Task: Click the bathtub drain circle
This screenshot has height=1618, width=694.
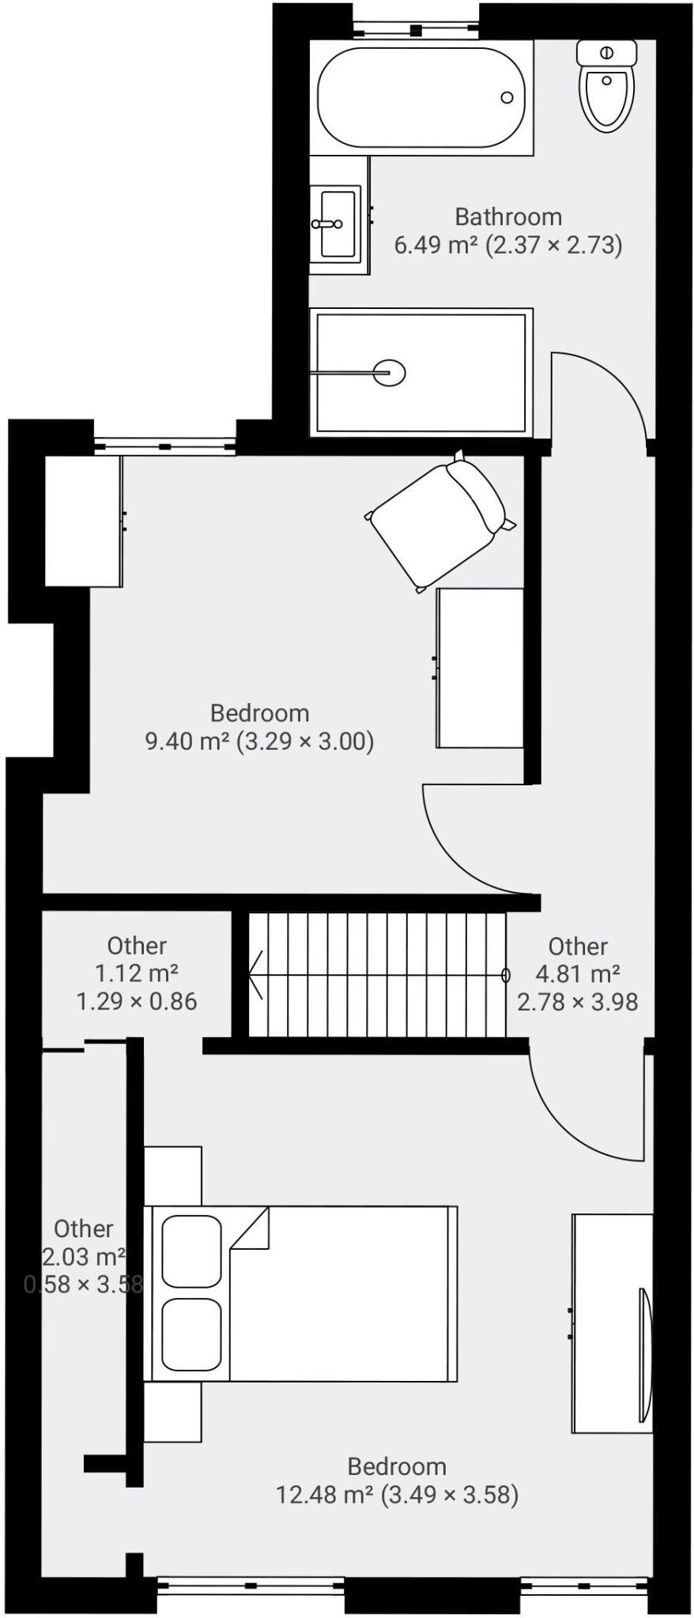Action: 507,98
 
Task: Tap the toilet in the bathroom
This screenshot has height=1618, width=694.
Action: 607,87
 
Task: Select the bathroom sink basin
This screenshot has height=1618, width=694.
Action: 339,224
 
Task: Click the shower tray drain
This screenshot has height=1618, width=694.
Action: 389,371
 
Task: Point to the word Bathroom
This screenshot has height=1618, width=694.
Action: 508,216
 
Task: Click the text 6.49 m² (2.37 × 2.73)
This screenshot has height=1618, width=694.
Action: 508,245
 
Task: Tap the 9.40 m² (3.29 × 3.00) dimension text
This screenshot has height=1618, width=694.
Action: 259,741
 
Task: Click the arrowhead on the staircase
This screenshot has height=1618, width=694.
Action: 255,975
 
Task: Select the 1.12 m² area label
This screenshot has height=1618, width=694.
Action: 136,973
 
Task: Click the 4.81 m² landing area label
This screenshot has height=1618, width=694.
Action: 578,974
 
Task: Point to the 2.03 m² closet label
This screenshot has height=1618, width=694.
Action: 83,1256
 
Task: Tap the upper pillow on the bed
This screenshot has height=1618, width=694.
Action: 191,1251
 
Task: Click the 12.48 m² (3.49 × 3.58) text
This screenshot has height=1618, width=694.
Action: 397,1495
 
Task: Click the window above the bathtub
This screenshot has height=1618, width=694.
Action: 415,29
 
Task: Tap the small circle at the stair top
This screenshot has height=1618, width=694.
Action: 506,975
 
